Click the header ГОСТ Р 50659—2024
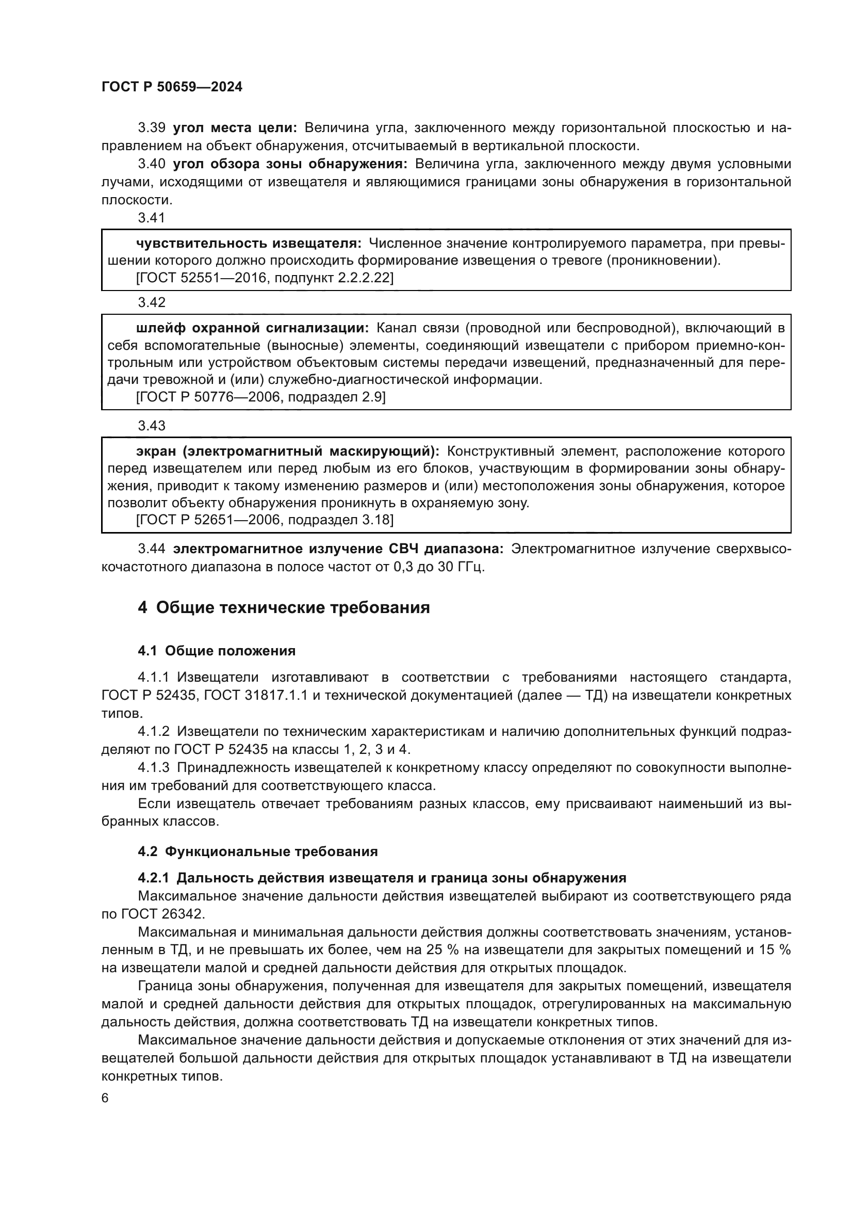172,87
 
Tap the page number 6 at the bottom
105,1098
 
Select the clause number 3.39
152,128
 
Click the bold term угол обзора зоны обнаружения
290,164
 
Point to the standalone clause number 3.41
152,218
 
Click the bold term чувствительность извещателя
249,244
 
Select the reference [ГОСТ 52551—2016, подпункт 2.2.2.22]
264,278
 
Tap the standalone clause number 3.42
152,302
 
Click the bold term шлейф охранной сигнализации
252,328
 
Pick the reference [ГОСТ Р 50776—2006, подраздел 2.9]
260,397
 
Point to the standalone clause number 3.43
152,425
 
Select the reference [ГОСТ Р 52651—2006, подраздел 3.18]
264,520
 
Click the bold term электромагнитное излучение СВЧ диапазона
338,549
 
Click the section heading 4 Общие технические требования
284,608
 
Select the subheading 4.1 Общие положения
217,651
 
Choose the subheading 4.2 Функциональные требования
257,851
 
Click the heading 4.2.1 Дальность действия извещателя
382,878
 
